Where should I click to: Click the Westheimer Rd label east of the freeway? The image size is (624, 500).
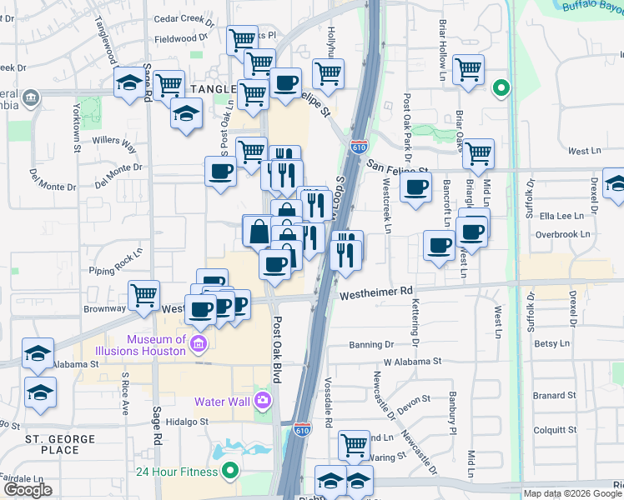(376, 292)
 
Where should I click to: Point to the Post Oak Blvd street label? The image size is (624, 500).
(277, 350)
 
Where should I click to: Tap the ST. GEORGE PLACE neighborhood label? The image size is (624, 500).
(53, 444)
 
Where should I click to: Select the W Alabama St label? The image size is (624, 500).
(412, 362)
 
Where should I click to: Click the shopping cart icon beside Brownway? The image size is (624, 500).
(144, 295)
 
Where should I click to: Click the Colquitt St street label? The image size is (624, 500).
(551, 430)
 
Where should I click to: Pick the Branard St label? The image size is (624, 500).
(550, 396)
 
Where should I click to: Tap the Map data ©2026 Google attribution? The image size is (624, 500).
(573, 493)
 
